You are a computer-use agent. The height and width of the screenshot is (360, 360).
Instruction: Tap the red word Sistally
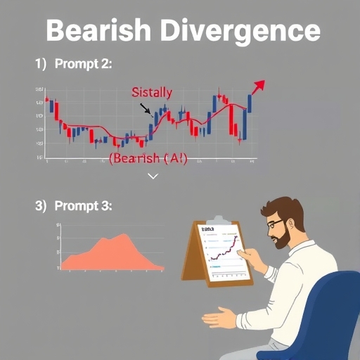click(x=152, y=92)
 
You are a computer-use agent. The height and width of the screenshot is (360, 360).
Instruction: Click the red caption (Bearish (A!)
click(x=148, y=159)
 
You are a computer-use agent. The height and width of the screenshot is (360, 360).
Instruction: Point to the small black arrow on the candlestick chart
click(x=146, y=109)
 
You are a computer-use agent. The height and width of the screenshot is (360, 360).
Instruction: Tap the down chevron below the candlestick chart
click(x=153, y=176)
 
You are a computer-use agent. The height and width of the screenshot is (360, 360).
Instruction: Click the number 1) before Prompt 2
click(x=41, y=64)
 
